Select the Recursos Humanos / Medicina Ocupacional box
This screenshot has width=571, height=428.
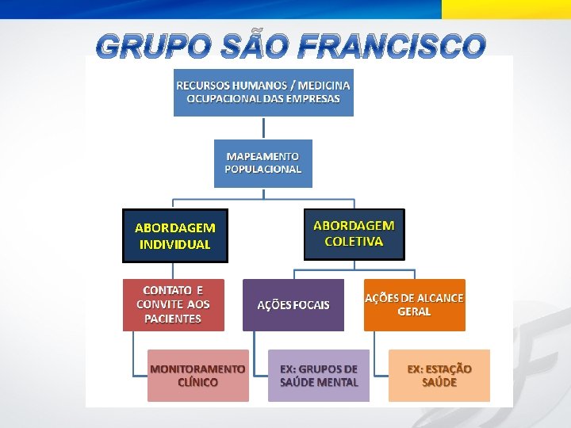click(263, 92)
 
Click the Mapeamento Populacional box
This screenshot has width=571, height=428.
click(263, 163)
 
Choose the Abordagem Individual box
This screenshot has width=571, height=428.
click(174, 235)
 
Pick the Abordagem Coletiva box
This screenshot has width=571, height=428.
click(354, 234)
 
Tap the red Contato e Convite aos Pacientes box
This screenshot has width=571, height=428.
click(173, 304)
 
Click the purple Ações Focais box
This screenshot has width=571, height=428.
click(293, 305)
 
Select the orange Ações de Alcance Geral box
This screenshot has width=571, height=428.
click(414, 305)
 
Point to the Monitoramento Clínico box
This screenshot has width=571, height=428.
click(197, 376)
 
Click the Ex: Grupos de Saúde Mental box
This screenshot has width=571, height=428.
click(318, 376)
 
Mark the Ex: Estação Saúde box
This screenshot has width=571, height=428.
click(439, 376)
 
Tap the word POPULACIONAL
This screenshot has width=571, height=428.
click(263, 170)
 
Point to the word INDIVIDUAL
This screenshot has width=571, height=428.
click(174, 245)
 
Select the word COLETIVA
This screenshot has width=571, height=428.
click(354, 242)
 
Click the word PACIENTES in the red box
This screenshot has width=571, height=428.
click(173, 319)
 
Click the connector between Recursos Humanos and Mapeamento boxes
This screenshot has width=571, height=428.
click(263, 128)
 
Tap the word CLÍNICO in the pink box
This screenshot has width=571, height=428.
click(197, 382)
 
